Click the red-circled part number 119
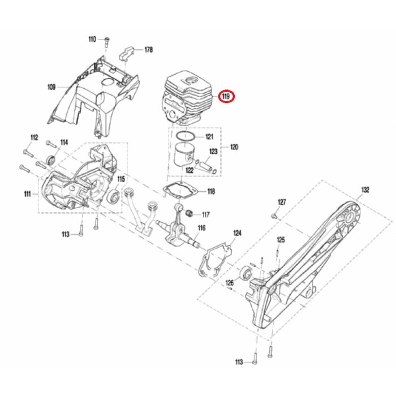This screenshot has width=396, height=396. [x=227, y=96]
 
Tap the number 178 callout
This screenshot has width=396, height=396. [x=148, y=50]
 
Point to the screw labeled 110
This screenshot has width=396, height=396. [x=106, y=40]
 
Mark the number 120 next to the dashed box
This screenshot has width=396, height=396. [x=234, y=147]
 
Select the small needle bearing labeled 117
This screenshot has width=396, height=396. [x=191, y=214]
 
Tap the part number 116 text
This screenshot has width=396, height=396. [x=201, y=228]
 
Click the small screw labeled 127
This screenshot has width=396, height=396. [x=274, y=214]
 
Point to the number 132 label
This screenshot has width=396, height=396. [x=365, y=190]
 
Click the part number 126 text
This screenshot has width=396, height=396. [x=230, y=282]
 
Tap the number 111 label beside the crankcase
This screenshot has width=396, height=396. [x=27, y=194]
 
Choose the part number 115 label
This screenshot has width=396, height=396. [x=121, y=179]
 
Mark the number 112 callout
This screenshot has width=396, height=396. [x=33, y=137]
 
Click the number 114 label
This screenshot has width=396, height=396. [x=64, y=142]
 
